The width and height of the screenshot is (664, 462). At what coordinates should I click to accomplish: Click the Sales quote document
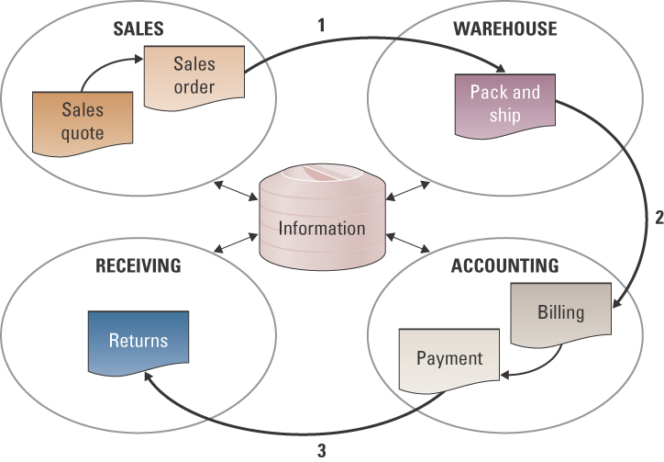(x=82, y=121)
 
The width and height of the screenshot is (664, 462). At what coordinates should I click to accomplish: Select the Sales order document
(x=193, y=76)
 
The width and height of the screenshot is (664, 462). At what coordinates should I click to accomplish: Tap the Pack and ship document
(x=504, y=104)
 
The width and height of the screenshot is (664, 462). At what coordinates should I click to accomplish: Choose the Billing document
(x=559, y=313)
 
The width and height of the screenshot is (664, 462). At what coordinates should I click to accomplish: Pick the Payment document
(x=448, y=358)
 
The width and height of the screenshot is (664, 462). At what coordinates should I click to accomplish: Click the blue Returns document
(x=138, y=342)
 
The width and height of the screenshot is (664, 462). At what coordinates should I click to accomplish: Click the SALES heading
(x=138, y=28)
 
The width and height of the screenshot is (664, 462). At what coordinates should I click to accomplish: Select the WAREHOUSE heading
(x=504, y=28)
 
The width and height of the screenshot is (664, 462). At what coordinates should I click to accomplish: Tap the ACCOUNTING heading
(x=504, y=267)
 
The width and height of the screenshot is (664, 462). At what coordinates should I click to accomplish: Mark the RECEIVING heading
(x=138, y=267)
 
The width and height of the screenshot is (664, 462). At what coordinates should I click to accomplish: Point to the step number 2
(x=658, y=219)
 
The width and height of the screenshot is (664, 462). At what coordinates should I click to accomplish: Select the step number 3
(x=321, y=450)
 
